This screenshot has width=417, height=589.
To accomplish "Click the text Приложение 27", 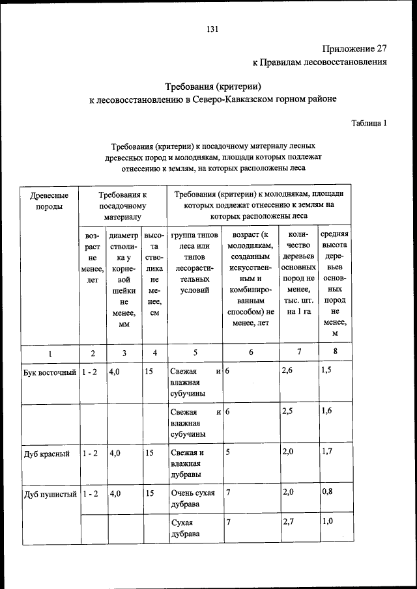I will (354, 49).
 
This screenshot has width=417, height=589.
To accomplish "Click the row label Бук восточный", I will (50, 372).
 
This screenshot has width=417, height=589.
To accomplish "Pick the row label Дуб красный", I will (46, 454).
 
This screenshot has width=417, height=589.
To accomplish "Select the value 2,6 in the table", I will (287, 371).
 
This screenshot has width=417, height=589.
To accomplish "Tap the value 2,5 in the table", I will (287, 412).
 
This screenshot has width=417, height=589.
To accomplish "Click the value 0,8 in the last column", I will (327, 493).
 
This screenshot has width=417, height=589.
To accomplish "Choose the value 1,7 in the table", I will (327, 452).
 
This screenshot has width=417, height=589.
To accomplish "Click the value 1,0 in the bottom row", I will (327, 522).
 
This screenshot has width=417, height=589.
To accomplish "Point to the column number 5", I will (195, 353).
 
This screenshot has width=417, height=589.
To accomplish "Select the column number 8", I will (335, 352).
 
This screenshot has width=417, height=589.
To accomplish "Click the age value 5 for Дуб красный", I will (228, 453).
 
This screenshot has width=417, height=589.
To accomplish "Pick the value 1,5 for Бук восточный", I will (327, 371).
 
